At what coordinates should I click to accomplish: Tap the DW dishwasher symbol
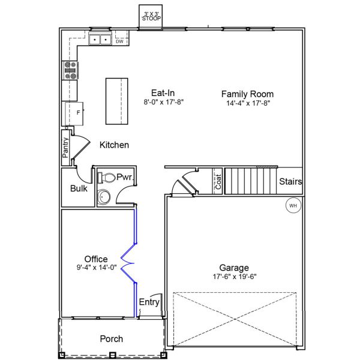(x=119, y=41)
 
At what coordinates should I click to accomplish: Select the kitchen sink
(x=99, y=40)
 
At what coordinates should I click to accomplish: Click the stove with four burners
(x=70, y=71)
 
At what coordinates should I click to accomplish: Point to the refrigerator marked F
(x=71, y=113)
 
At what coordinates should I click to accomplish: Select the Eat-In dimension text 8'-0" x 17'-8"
(x=163, y=103)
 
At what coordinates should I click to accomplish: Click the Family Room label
(x=247, y=94)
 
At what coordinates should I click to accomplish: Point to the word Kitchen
(x=114, y=145)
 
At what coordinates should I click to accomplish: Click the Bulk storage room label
(x=79, y=188)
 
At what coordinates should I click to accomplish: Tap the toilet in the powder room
(x=107, y=178)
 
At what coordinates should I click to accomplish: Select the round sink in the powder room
(x=106, y=197)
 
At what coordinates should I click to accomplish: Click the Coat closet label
(x=218, y=182)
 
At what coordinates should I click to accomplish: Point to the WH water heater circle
(x=293, y=206)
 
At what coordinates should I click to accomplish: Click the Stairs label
(x=290, y=182)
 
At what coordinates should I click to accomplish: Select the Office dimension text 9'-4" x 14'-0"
(x=96, y=268)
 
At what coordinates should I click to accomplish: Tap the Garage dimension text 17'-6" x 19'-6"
(x=233, y=277)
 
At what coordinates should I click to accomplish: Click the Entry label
(x=149, y=302)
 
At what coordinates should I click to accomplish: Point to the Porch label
(x=111, y=339)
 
